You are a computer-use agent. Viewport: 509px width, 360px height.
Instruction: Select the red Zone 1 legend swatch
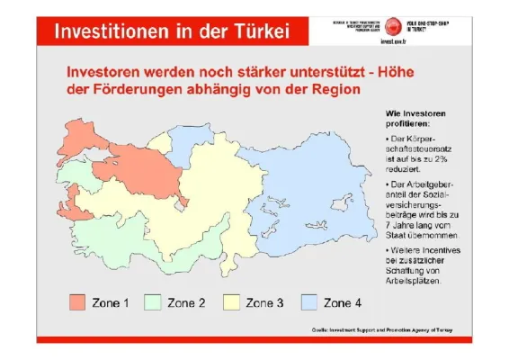[x=76, y=302]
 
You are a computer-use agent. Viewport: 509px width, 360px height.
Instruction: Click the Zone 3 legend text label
[x=264, y=302]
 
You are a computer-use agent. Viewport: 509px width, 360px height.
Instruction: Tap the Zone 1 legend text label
[x=111, y=302]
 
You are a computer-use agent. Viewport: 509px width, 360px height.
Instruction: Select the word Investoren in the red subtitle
[x=110, y=70]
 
